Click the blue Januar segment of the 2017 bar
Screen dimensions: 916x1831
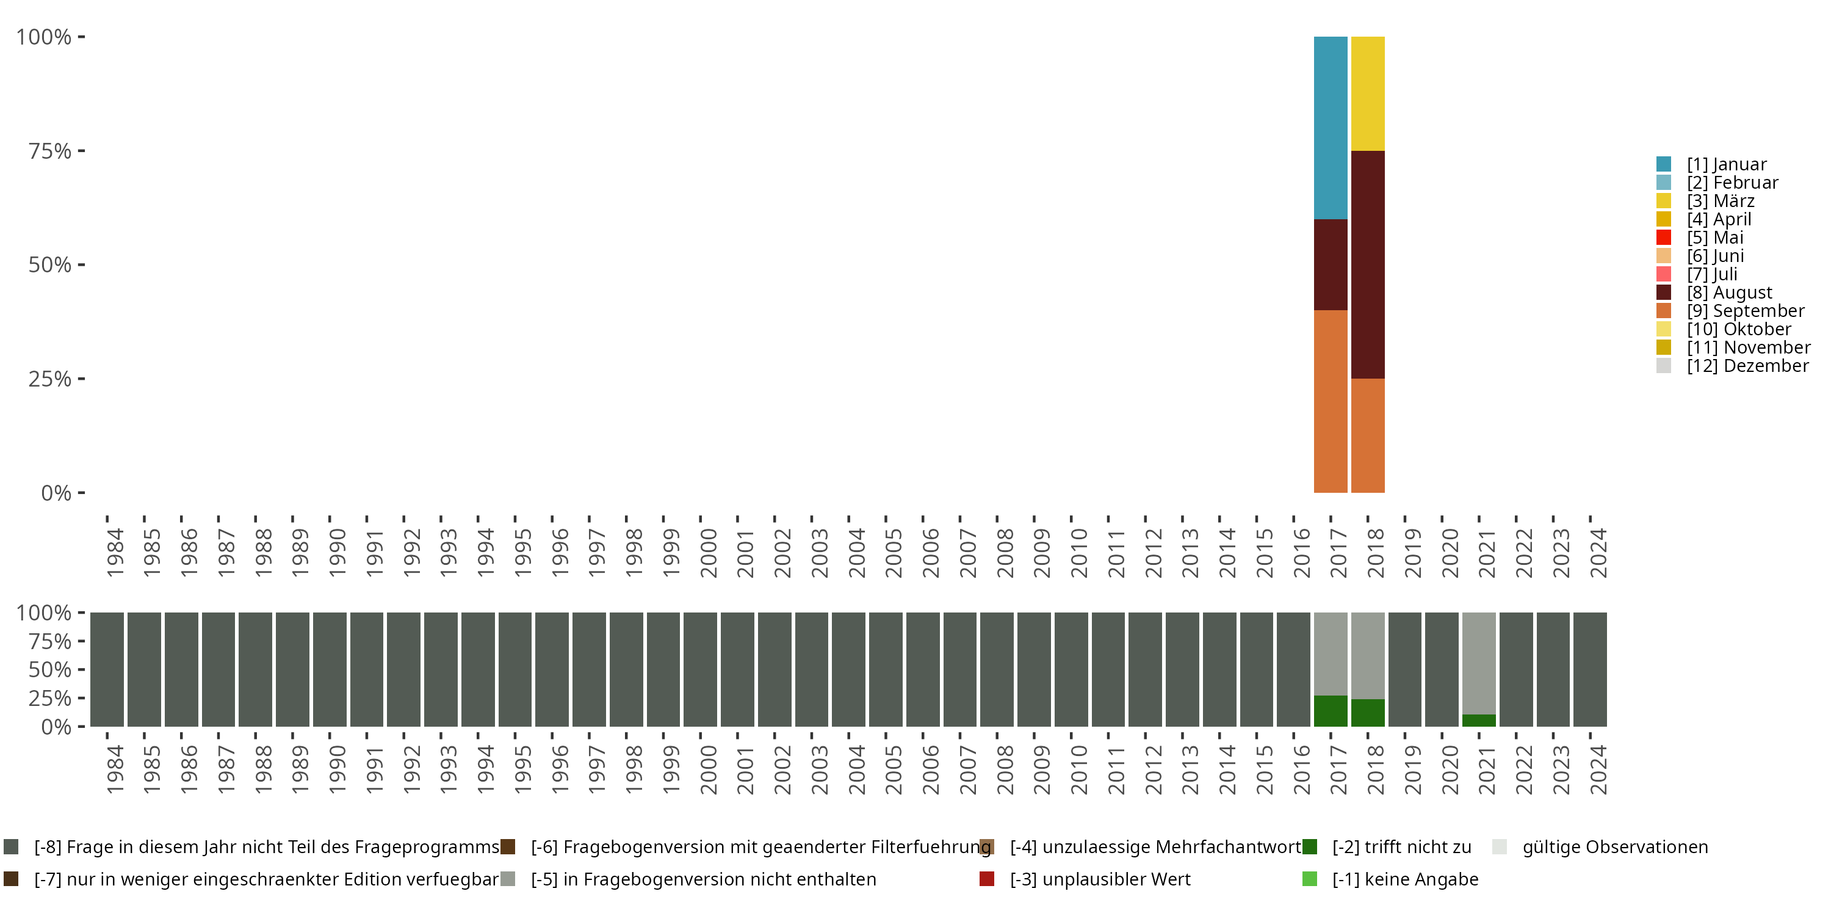[x=1330, y=128]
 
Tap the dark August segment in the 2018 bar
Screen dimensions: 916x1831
[x=1368, y=264]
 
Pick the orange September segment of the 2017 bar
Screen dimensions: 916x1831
[x=1330, y=401]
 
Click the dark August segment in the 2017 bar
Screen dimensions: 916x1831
[x=1330, y=264]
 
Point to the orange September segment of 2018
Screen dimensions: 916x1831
[x=1368, y=435]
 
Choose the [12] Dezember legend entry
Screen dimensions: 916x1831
[x=1747, y=366]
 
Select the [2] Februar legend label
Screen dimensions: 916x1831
[x=1732, y=183]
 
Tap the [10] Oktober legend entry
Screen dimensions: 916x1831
[x=1739, y=329]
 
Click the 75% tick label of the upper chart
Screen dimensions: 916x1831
[x=50, y=151]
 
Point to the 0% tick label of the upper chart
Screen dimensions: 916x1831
[x=56, y=493]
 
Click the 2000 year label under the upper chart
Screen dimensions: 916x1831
[x=708, y=553]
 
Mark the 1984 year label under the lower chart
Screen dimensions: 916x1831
[x=115, y=769]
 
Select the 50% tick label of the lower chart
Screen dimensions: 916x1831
[x=50, y=669]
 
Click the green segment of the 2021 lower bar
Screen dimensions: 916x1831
[x=1478, y=721]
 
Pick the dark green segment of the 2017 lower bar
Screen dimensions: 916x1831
[x=1330, y=711]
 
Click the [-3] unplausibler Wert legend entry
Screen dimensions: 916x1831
[x=1100, y=879]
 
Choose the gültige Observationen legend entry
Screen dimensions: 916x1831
[x=1614, y=847]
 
